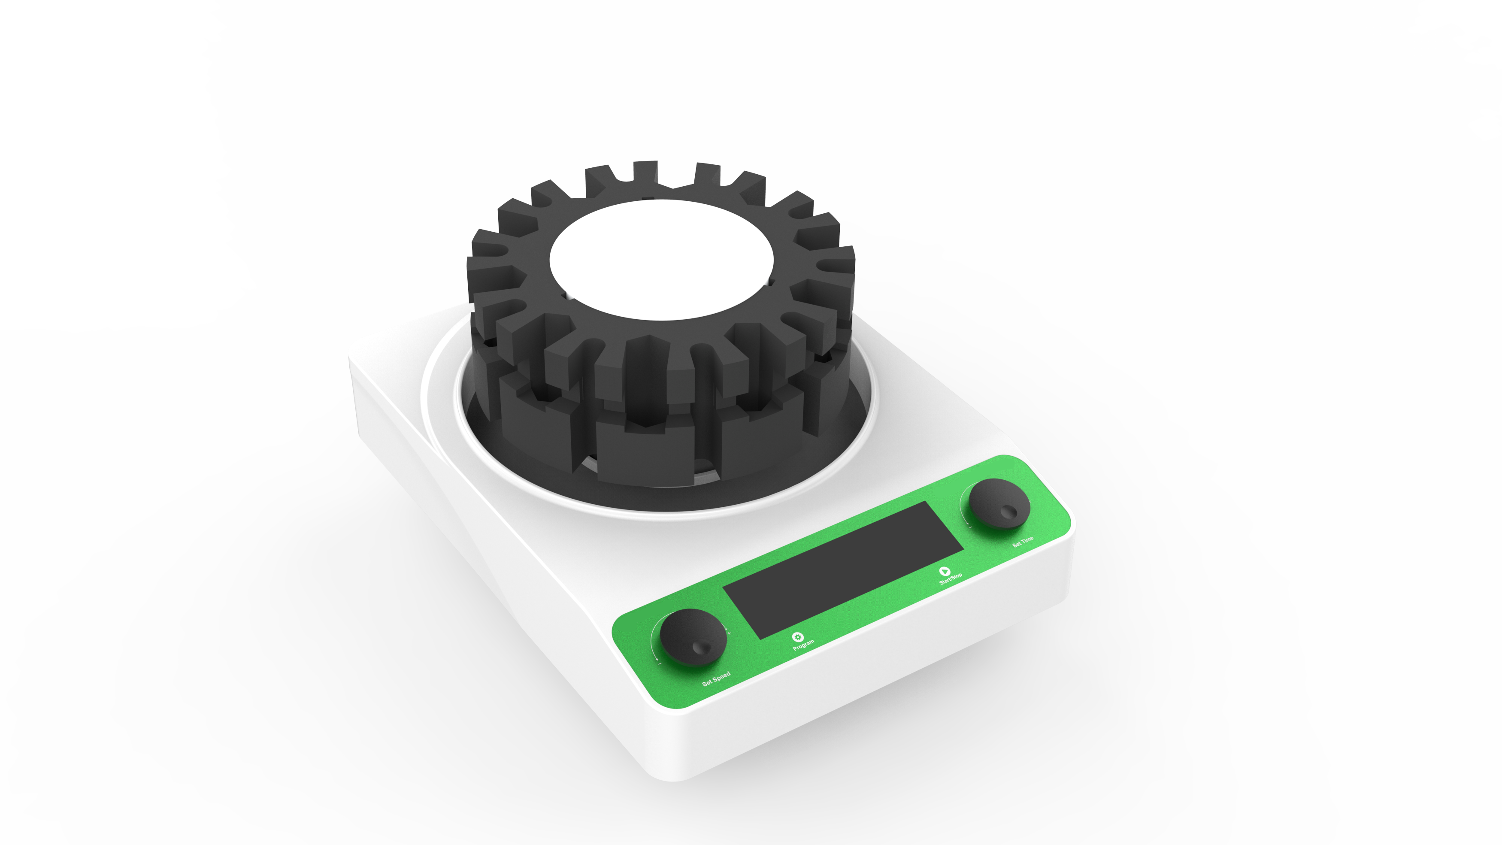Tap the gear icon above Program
(x=798, y=637)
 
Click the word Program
(x=803, y=645)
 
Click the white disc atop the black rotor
(x=662, y=260)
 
